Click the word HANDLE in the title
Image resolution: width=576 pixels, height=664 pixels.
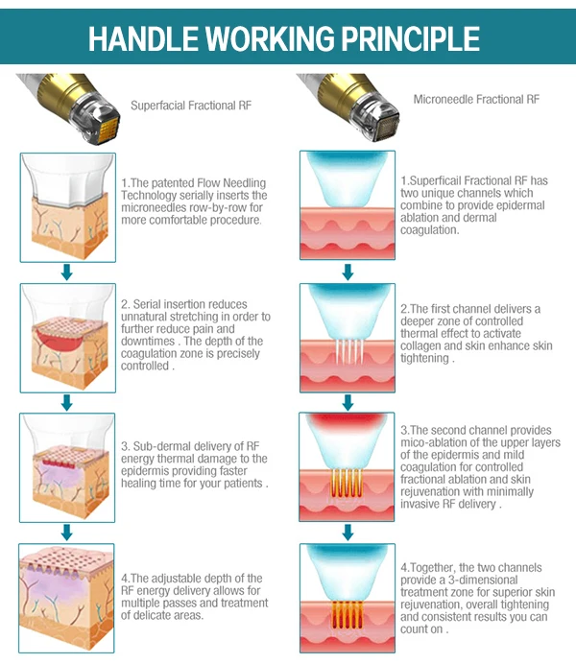coord(143,37)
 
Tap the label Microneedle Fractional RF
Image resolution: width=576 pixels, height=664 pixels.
coord(476,99)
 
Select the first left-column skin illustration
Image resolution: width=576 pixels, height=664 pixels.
coord(66,203)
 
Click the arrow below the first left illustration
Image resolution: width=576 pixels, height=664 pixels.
coord(66,273)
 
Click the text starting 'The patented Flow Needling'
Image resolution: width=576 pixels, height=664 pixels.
coord(193,201)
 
